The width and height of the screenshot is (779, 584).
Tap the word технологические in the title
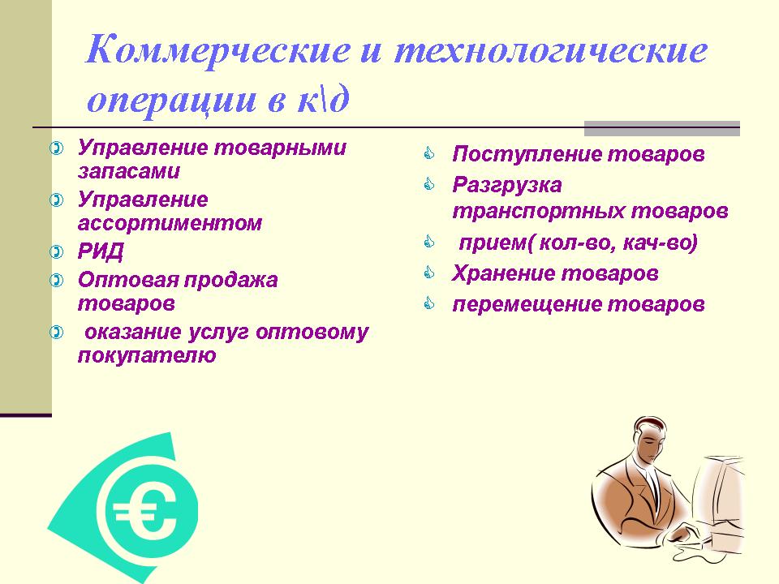[x=551, y=50]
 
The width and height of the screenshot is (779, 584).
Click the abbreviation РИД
[x=101, y=251]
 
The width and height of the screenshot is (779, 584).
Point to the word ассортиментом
[x=170, y=223]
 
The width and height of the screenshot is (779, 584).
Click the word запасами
[x=129, y=171]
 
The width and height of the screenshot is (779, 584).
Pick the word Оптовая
[x=127, y=280]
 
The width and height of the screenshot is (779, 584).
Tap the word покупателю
[x=147, y=355]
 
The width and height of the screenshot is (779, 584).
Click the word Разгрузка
[x=506, y=186]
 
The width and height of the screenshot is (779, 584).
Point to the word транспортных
[x=538, y=211]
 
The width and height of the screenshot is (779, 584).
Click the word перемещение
[x=527, y=304]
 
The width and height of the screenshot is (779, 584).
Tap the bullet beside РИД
[x=57, y=251]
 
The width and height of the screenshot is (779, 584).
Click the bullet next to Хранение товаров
[x=429, y=273]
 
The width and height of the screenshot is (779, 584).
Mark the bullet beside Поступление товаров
[x=429, y=153]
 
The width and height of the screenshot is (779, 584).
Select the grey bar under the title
[x=662, y=128]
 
